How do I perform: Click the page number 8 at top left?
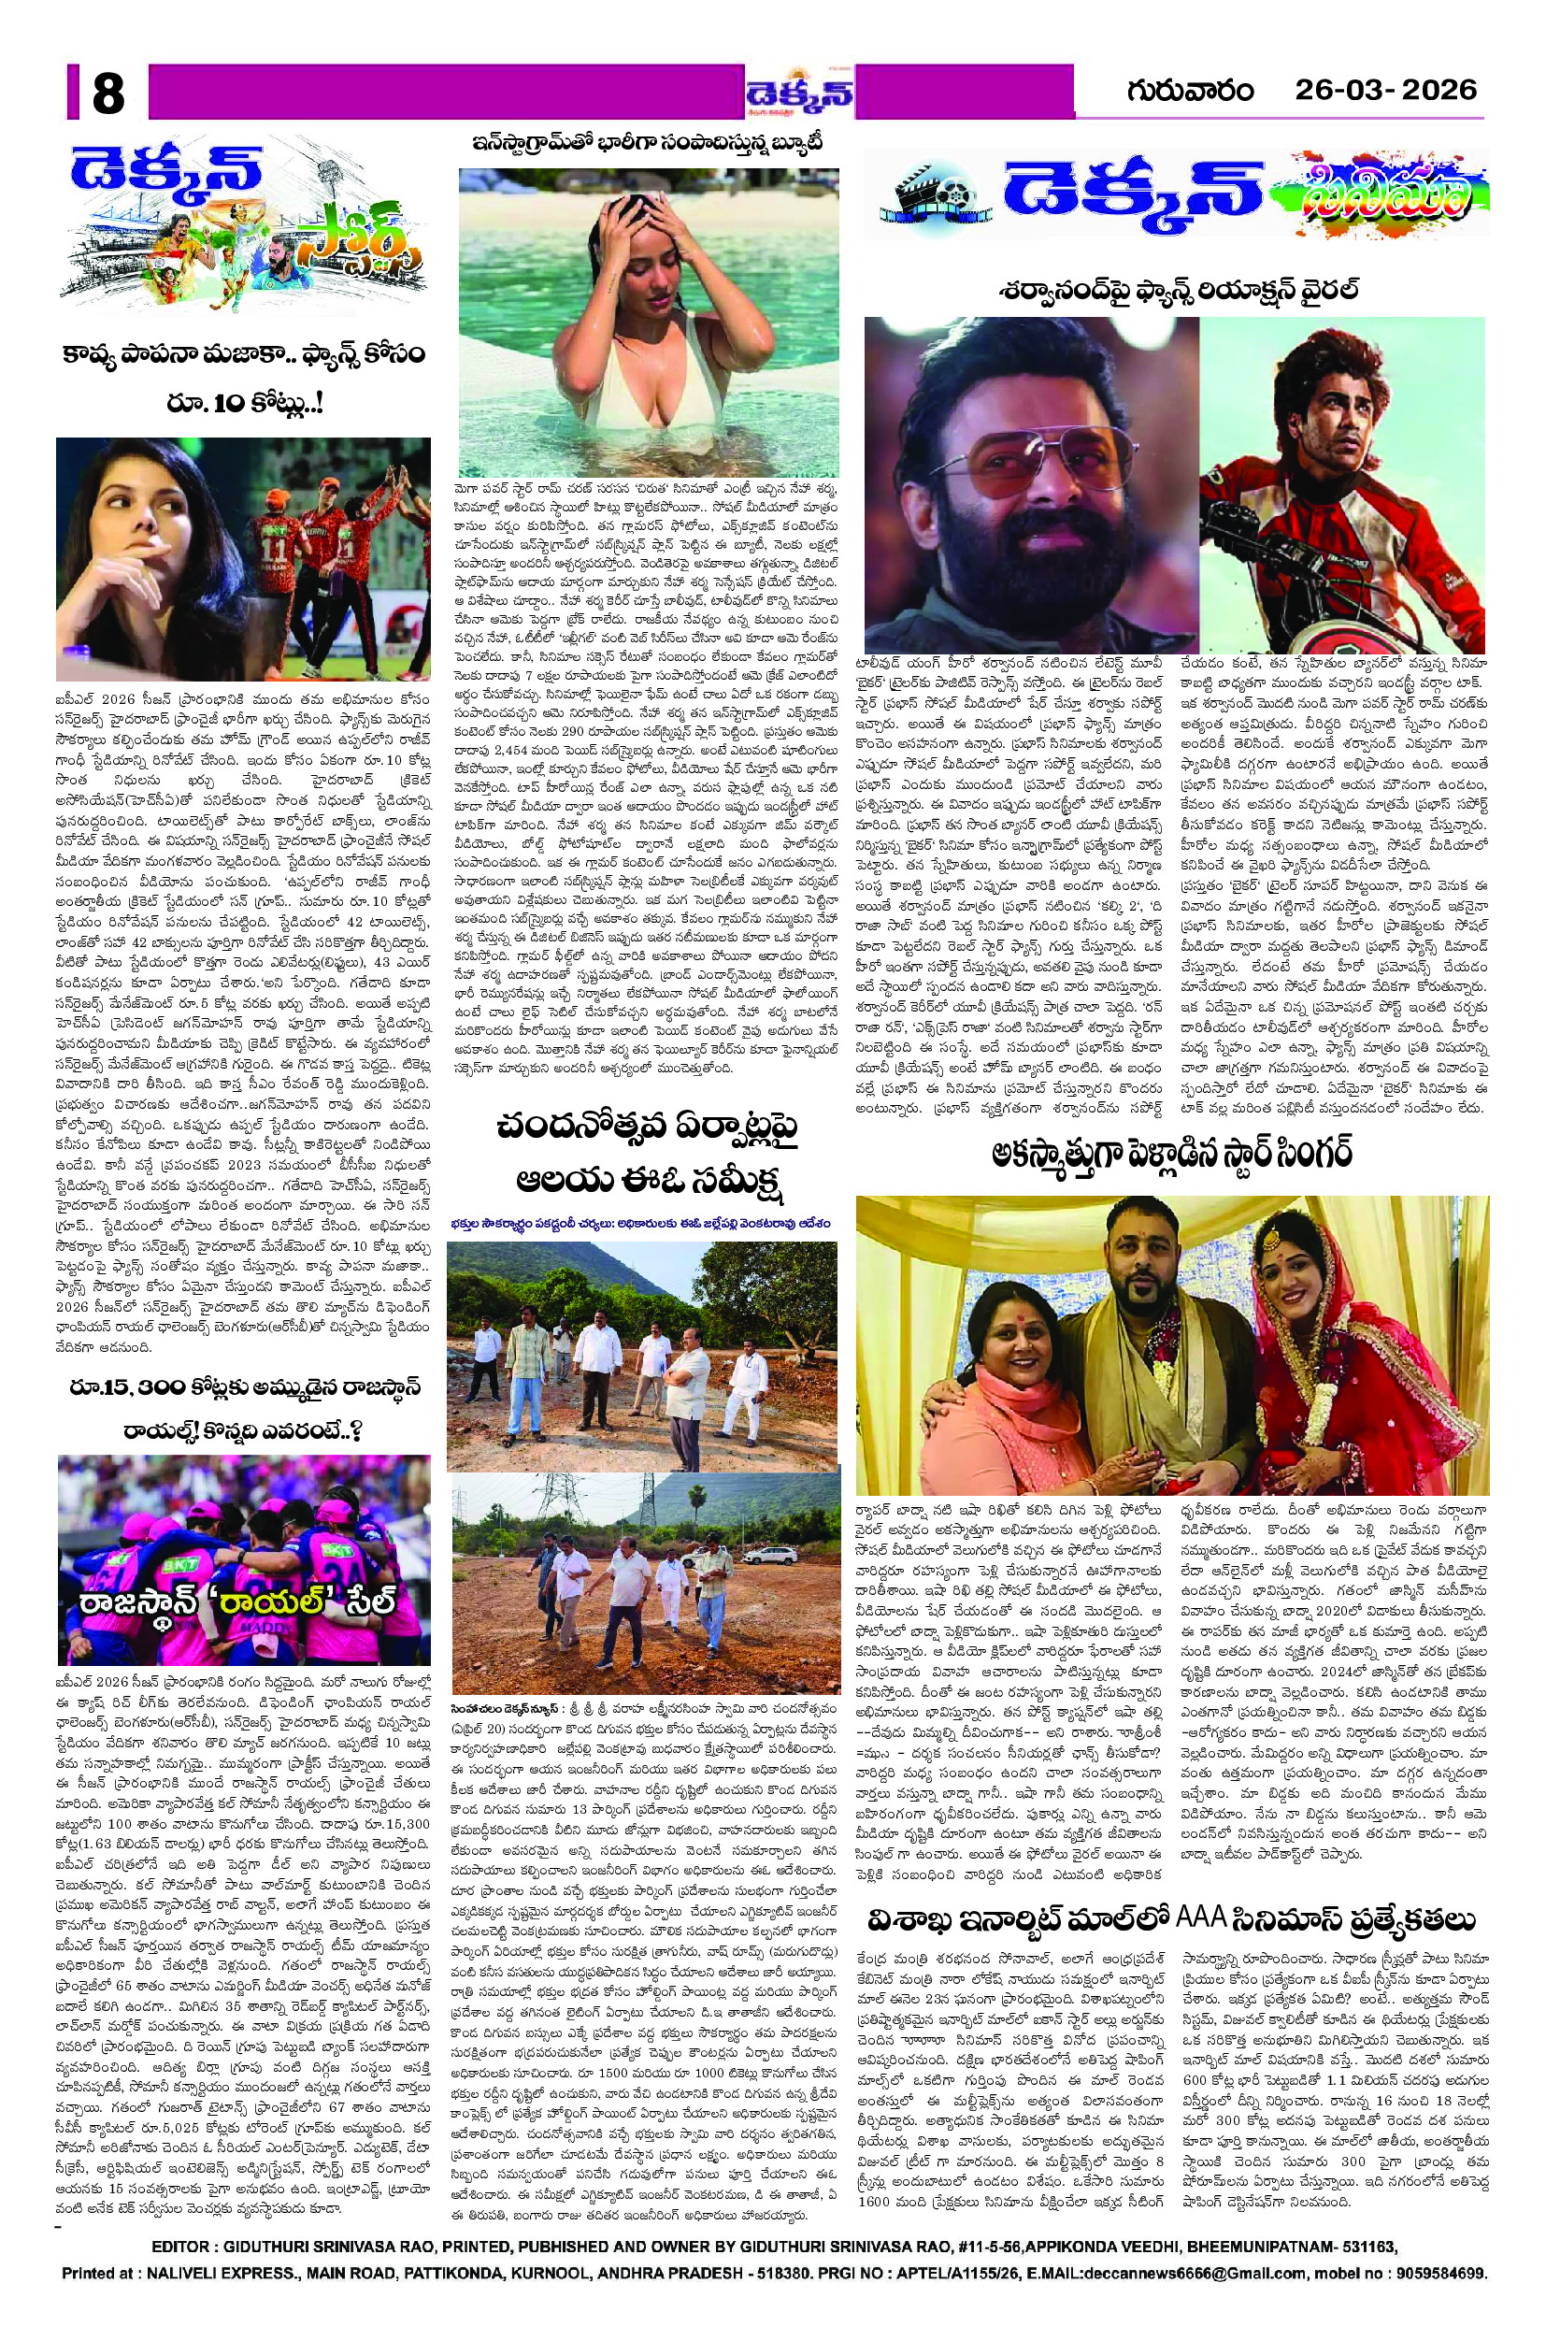point(107,95)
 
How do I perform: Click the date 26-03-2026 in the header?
point(1385,91)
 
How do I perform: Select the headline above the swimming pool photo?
point(647,144)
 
